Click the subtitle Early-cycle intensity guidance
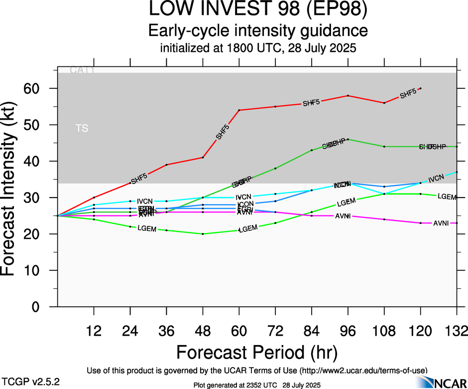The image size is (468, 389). click(x=258, y=31)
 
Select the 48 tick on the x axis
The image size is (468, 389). click(x=203, y=331)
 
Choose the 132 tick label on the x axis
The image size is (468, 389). click(x=457, y=331)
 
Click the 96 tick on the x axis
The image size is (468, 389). click(x=348, y=331)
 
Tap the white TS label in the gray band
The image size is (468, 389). click(x=82, y=129)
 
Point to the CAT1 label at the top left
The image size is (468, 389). click(x=82, y=70)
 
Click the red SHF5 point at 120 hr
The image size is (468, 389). click(x=421, y=88)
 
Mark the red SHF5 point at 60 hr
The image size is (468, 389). click(x=239, y=110)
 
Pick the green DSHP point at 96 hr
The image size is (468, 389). click(x=348, y=139)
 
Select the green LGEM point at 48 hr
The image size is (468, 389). click(x=203, y=234)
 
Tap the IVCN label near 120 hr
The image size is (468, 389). click(x=436, y=178)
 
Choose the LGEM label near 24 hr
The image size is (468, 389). click(x=147, y=228)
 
